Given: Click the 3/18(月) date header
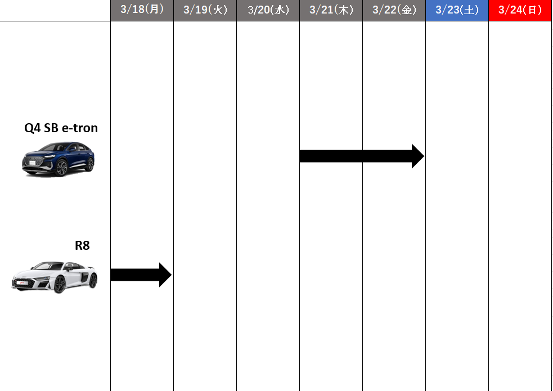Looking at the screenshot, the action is [142, 10].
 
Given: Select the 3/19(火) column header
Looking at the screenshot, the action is [205, 10].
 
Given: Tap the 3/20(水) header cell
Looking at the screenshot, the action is [268, 10].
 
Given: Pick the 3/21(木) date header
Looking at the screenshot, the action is [331, 10].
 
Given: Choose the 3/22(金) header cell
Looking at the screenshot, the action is [394, 10].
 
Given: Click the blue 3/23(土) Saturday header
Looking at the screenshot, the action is [457, 10].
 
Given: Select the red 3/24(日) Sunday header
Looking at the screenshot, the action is [520, 10].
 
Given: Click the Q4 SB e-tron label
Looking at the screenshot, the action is [61, 128].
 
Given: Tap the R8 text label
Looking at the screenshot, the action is [82, 245].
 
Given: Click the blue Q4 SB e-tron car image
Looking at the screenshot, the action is [58, 159].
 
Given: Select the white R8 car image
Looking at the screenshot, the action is [55, 277].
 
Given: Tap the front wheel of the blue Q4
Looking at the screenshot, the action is [61, 168].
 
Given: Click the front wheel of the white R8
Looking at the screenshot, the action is [60, 285].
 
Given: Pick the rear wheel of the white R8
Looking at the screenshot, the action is [93, 281].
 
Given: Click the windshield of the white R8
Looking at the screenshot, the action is [48, 266].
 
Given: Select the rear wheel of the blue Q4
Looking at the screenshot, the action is [91, 164].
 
